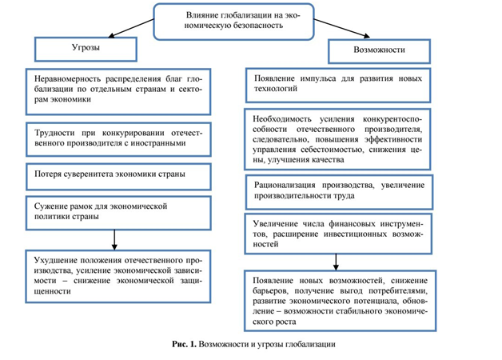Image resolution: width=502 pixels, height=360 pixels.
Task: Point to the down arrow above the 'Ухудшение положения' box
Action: [x=117, y=238]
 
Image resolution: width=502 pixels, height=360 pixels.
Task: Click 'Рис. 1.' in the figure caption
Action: [x=185, y=344]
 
